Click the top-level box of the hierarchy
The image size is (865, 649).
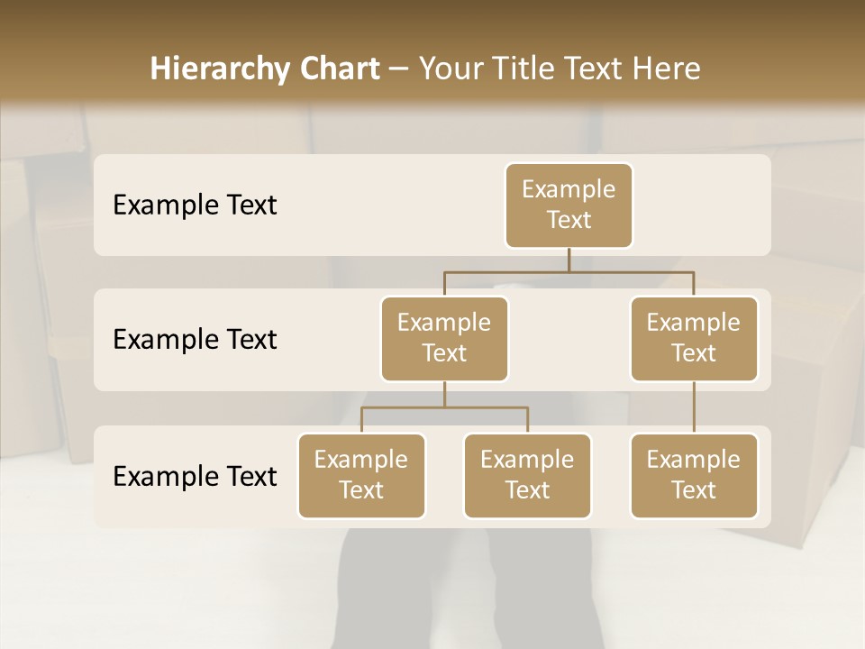(x=569, y=205)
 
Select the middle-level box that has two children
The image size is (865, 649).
(x=444, y=338)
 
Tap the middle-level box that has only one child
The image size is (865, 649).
(x=694, y=338)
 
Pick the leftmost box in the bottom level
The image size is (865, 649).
(x=361, y=475)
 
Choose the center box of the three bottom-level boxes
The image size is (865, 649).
(x=527, y=475)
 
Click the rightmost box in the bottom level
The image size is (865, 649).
(x=694, y=475)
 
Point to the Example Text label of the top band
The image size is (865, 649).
(x=195, y=206)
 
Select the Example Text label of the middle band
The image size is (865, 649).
(x=195, y=340)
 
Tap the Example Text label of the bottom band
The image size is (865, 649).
(x=195, y=477)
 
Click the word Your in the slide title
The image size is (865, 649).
(x=448, y=69)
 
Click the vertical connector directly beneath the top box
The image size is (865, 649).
(x=569, y=260)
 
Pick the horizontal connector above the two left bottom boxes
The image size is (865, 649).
(x=444, y=407)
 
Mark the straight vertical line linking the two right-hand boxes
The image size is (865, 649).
(x=694, y=407)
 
